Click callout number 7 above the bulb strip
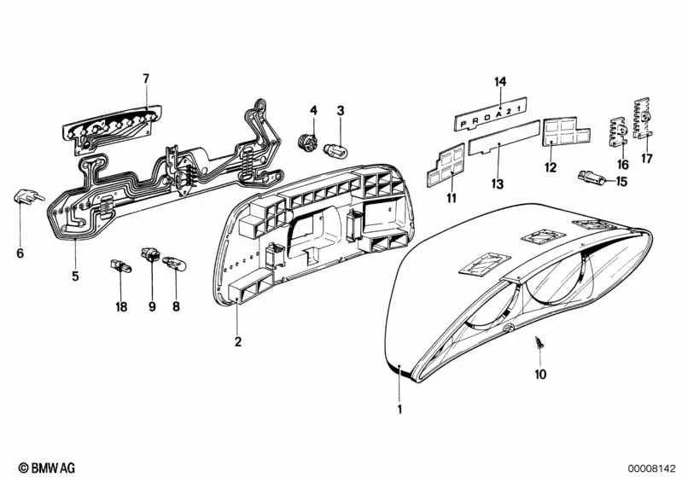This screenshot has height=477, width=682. coord(146,79)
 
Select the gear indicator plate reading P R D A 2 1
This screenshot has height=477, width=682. coord(491,114)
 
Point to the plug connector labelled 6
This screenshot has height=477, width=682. coord(28,197)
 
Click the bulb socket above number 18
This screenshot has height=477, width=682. coord(120,265)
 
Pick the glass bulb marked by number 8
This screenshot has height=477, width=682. coord(174,263)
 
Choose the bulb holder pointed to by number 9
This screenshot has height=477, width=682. coord(150,254)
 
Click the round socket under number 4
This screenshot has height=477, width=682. coord(308,143)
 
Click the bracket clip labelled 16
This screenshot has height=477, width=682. coord(620,132)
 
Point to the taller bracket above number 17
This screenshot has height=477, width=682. coord(642,119)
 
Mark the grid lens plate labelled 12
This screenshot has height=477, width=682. coord(564,131)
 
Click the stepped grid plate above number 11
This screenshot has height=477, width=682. coord(446,166)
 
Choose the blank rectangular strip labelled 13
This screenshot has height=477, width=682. coord(504,137)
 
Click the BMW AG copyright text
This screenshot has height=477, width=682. coord(47,468)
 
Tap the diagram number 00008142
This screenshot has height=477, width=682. coord(650,468)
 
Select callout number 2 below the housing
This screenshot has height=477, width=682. coord(237,342)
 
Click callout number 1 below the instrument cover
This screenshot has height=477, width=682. coord(399,410)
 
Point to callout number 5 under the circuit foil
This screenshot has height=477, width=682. coord(76,276)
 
